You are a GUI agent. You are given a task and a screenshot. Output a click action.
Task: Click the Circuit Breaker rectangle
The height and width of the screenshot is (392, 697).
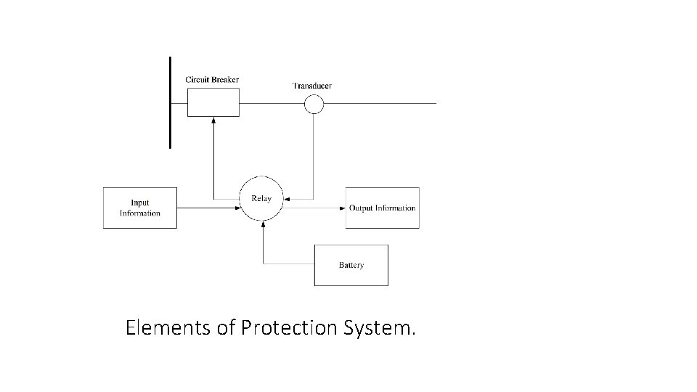coord(213,102)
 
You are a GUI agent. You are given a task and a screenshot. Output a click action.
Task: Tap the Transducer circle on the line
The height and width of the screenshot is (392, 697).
coord(314,105)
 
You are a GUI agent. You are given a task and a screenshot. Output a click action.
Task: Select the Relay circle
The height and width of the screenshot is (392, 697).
coord(261,198)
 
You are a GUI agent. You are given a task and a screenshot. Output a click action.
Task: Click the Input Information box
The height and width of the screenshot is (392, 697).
coord(140,208)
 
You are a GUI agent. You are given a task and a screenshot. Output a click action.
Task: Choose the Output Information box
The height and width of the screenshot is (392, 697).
coord(382,208)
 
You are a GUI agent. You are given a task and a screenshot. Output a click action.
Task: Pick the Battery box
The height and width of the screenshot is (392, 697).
coord(351,265)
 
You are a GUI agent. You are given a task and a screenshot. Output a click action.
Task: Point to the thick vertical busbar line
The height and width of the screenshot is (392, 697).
coord(170,102)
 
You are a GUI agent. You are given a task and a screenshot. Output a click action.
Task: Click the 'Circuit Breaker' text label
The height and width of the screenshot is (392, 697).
coord(212,79)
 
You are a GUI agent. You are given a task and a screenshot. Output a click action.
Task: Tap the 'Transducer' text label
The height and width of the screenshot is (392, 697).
coord(312,86)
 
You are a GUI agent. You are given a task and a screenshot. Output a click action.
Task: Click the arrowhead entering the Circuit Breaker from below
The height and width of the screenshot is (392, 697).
coord(213,121)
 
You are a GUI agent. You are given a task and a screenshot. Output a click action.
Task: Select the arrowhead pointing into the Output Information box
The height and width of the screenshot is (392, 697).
coord(343,208)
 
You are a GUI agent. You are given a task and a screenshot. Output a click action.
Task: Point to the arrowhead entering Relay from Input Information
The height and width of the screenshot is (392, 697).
coord(237,208)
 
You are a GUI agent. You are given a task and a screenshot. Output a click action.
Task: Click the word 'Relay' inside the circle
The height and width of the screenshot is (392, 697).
coord(261,198)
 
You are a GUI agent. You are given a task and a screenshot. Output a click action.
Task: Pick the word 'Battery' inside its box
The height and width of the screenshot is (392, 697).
coord(351,265)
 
